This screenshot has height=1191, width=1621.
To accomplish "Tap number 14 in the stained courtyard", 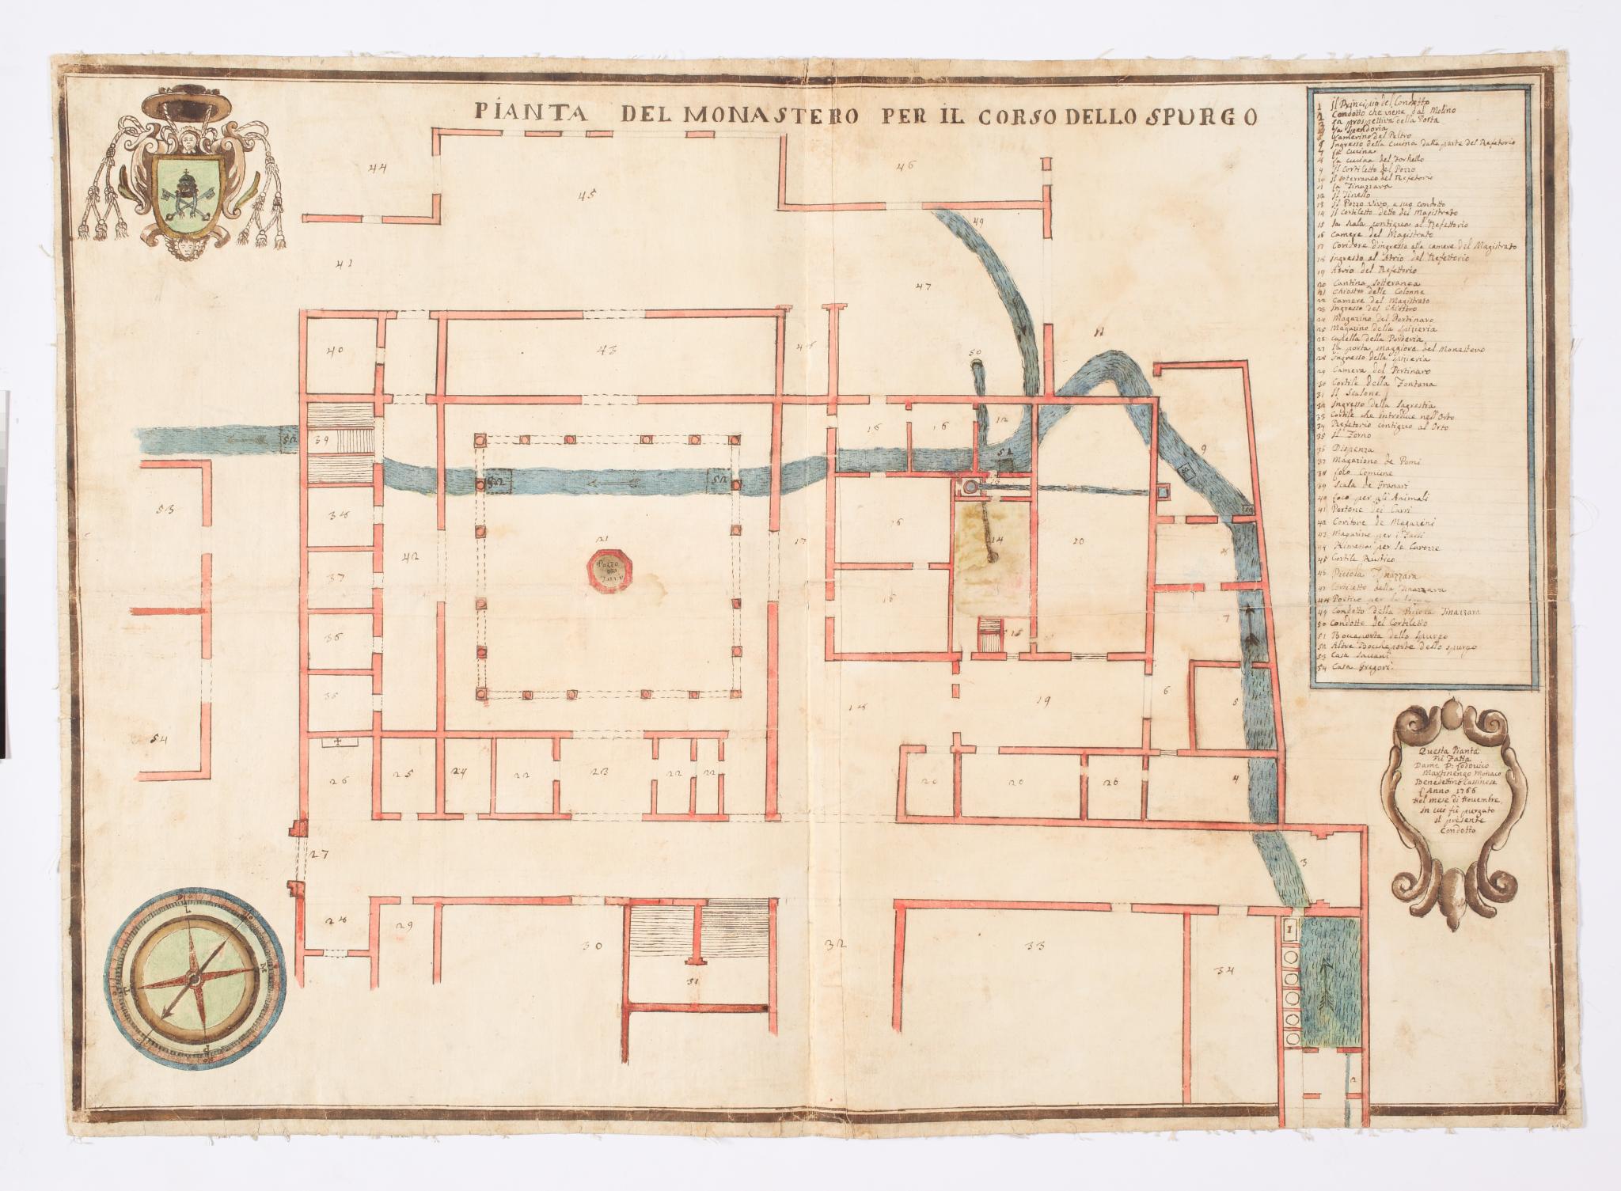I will click(x=997, y=540).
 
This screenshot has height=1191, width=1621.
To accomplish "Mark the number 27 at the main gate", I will click(x=319, y=854).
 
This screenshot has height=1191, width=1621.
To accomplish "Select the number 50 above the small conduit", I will click(x=974, y=351).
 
